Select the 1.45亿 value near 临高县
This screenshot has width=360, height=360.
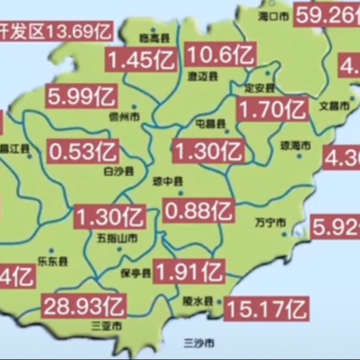(141, 60)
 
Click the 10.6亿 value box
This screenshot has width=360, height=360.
(221, 55)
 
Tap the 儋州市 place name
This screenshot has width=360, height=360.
(124, 117)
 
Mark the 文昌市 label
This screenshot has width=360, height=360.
(334, 106)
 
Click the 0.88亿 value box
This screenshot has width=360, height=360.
(199, 210)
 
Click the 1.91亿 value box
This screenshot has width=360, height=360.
(189, 271)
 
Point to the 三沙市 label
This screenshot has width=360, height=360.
(199, 344)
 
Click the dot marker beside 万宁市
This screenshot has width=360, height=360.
(284, 234)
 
